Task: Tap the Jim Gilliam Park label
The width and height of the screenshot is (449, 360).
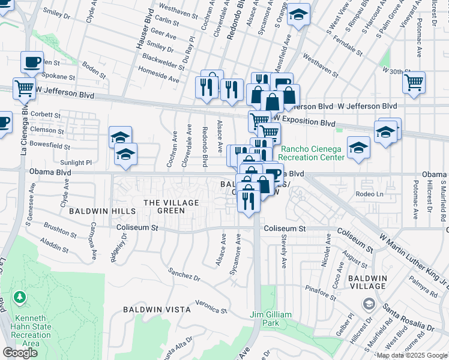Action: coord(271,319)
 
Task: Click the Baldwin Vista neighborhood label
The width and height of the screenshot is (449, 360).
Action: coord(157,310)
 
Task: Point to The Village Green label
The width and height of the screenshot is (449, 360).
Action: coord(171,206)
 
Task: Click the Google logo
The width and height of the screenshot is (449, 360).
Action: coord(20,353)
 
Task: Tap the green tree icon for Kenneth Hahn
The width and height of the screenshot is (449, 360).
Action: coord(20,298)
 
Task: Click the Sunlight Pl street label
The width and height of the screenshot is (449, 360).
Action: coord(76,162)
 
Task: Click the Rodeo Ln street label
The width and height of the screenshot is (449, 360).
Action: coord(369,194)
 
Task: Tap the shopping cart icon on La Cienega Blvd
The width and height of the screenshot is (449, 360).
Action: coord(24,88)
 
